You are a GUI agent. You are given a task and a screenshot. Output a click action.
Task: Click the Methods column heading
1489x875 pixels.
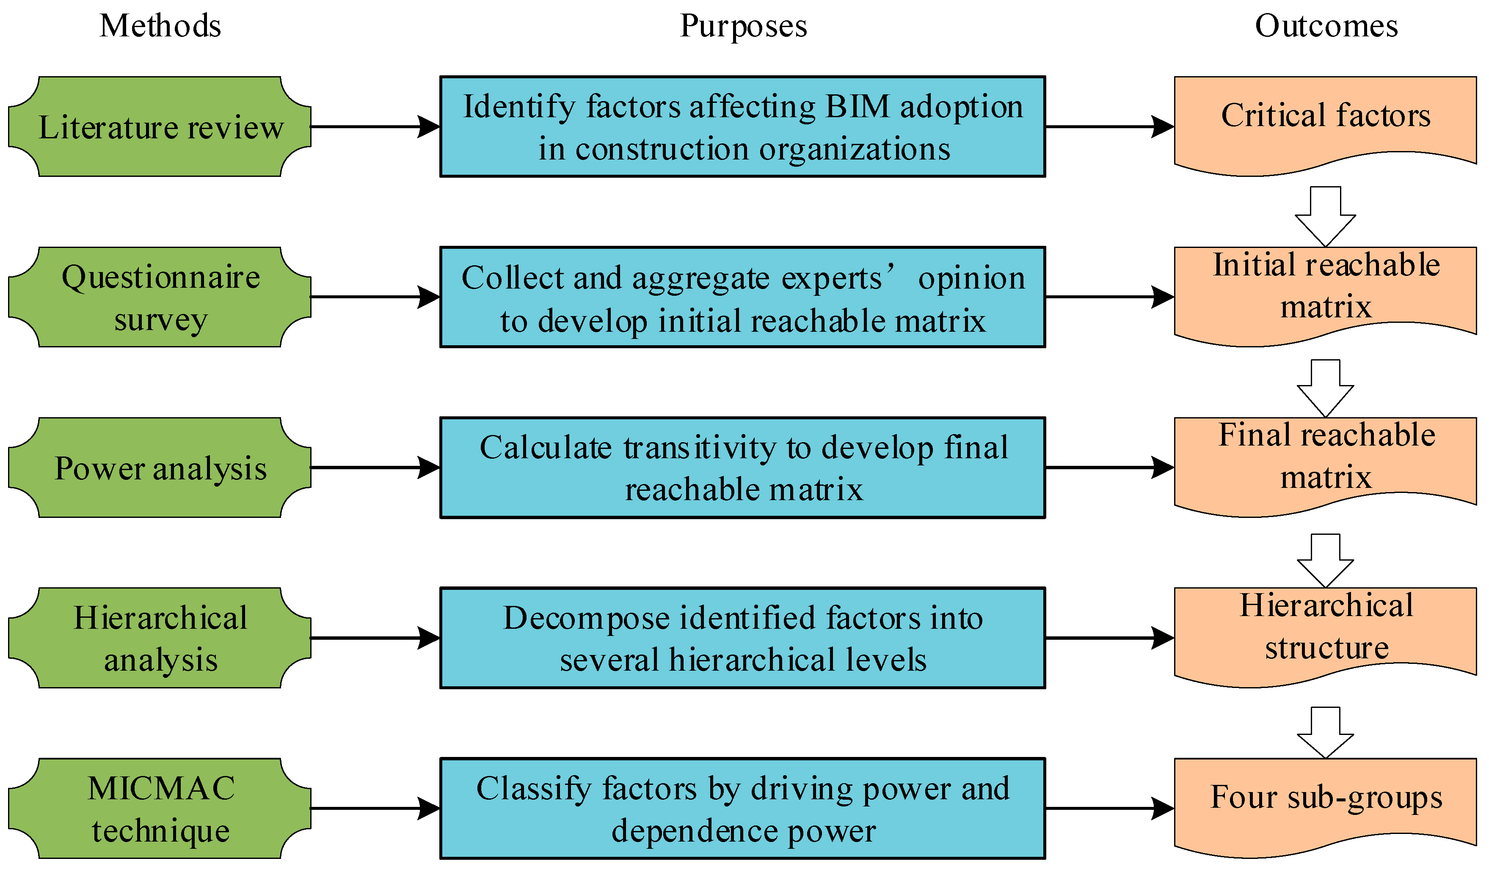click(160, 26)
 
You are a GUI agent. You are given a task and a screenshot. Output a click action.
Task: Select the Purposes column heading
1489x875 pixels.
click(743, 26)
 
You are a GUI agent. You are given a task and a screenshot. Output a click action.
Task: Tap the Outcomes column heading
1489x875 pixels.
click(1326, 26)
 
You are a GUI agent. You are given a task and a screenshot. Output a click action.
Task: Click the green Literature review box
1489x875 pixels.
click(160, 127)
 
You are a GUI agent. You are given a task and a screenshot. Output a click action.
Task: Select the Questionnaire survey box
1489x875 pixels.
click(160, 297)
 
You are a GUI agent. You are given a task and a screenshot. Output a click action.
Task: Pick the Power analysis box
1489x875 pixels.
click(160, 468)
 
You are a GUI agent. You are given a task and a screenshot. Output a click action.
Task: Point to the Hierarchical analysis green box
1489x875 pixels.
click(160, 638)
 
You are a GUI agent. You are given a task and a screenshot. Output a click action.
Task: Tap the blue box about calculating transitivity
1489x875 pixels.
click(743, 468)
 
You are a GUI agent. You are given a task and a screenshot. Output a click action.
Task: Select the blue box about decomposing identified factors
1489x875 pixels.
click(743, 638)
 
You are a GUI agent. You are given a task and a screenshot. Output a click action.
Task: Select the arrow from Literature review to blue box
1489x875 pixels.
click(375, 127)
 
